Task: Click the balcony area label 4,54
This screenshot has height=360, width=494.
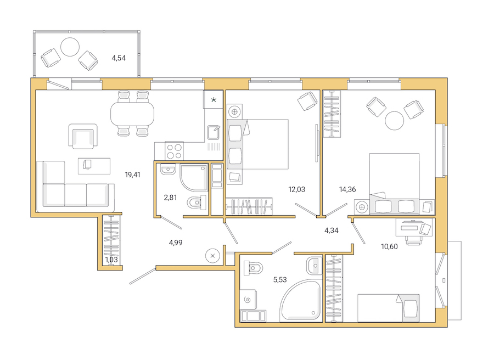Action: click(119, 57)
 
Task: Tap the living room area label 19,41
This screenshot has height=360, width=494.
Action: click(132, 175)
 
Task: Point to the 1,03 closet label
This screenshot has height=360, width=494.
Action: click(112, 260)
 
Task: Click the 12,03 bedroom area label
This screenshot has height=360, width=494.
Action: click(297, 189)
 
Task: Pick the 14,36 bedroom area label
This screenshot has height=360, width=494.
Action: click(348, 189)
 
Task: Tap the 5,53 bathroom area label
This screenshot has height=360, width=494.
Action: click(280, 279)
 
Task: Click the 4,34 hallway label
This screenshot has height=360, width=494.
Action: click(332, 230)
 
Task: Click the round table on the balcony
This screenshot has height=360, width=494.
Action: click(70, 47)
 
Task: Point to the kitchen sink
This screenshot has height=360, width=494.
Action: click(214, 132)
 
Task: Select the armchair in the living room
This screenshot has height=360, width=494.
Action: click(83, 136)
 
